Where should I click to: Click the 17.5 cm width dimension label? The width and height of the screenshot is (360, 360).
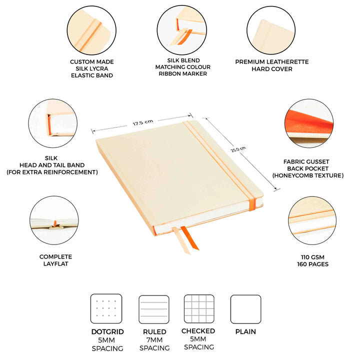[143, 122]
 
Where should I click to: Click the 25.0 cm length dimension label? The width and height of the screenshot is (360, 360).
[238, 149]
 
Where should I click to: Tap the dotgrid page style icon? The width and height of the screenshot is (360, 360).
[106, 308]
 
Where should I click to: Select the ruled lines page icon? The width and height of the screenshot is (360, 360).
[154, 309]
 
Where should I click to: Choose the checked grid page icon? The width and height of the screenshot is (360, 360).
[199, 309]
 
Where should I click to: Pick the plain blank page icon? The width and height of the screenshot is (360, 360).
[245, 309]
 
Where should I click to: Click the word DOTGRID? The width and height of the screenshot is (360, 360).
[107, 332]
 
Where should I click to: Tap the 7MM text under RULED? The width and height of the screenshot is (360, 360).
[154, 340]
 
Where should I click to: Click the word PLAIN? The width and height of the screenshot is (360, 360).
[245, 331]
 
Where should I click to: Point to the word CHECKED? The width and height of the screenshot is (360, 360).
[198, 331]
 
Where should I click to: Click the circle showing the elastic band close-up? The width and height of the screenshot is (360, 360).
[91, 30]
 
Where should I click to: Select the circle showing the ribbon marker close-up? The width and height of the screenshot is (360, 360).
[182, 30]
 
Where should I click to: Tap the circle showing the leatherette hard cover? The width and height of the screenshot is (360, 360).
[271, 30]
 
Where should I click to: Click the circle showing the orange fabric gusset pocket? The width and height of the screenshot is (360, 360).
[309, 123]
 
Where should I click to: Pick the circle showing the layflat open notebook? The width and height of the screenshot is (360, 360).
[54, 220]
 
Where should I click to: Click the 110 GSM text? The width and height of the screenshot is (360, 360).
[312, 257]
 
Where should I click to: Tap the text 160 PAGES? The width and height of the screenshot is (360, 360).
[312, 264]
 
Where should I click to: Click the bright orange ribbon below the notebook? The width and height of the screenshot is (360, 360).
[189, 238]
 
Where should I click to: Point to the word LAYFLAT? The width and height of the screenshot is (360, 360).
[56, 263]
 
